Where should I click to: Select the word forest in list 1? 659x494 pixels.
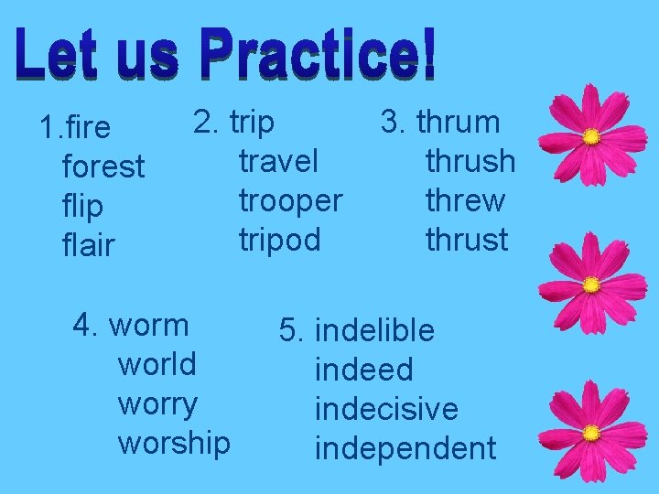[103, 166]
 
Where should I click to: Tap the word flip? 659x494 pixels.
[81, 207]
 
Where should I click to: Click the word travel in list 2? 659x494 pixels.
[278, 161]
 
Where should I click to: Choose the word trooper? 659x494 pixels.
[290, 200]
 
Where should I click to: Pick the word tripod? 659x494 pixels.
[279, 240]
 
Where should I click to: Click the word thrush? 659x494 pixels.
[470, 161]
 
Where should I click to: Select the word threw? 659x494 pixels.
[465, 200]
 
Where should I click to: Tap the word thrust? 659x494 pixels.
[466, 240]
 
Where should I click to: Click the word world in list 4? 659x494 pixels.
[157, 364]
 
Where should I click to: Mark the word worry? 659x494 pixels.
[157, 403]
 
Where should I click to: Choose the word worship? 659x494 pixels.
[174, 443]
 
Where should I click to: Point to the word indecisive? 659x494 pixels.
[385, 409]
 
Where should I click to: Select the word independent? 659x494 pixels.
[405, 448]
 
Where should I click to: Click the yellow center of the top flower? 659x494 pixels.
[591, 137]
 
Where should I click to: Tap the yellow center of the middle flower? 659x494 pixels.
[591, 285]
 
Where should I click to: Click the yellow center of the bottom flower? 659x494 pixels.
[591, 432]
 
